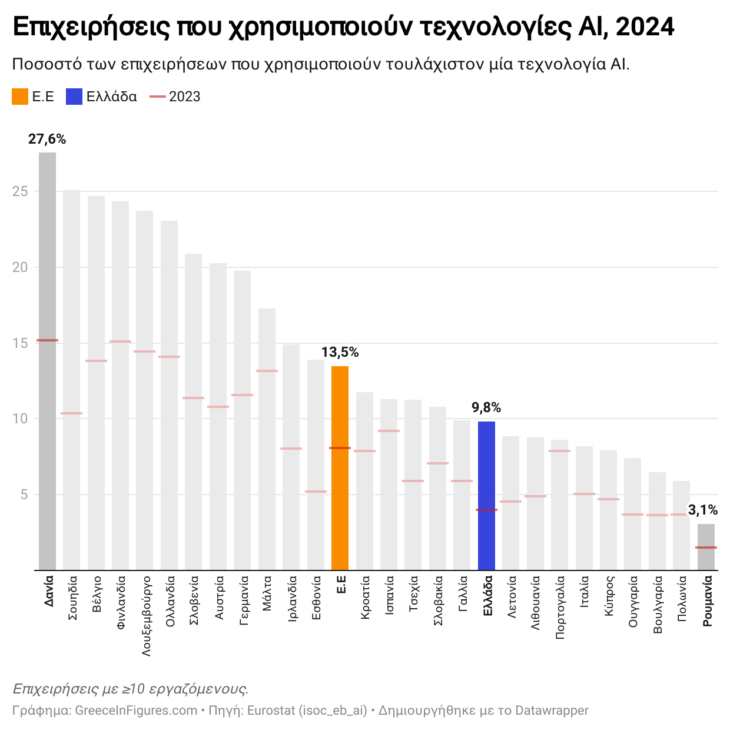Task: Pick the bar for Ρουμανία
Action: tap(706, 547)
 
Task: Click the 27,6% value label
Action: tap(47, 140)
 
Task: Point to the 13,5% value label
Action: tap(340, 353)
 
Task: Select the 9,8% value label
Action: tap(486, 407)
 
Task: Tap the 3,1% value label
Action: tap(703, 510)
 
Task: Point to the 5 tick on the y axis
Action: tap(25, 495)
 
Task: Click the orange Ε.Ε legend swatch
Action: tap(20, 97)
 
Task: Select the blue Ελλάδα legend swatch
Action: tap(74, 97)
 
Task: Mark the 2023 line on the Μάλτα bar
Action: tap(267, 371)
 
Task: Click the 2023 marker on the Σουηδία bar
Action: tap(71, 413)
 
